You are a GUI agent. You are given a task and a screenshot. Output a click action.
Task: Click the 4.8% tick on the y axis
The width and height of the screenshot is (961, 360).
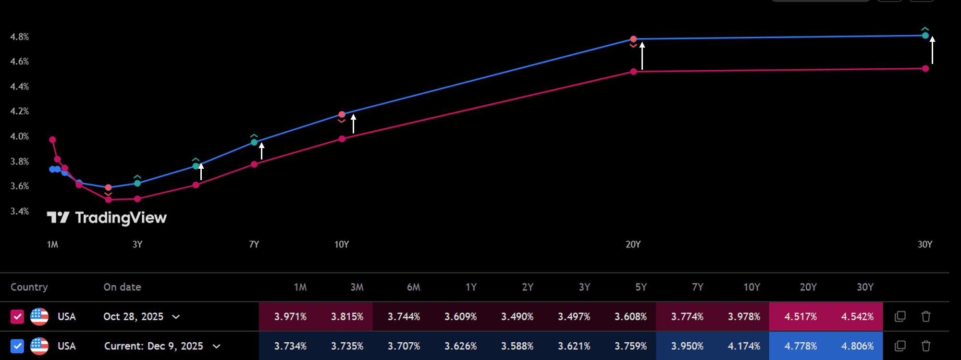(x=19, y=37)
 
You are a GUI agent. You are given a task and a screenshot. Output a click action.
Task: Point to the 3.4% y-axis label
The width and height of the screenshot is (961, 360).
(x=19, y=211)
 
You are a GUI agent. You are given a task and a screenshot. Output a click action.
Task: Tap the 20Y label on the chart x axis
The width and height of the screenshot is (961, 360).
(x=633, y=244)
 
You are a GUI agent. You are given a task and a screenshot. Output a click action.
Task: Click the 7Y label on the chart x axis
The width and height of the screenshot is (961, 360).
(x=254, y=244)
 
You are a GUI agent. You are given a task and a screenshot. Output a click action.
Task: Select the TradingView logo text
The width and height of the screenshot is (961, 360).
(x=121, y=218)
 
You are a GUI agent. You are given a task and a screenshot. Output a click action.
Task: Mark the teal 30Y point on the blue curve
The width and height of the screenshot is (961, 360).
(x=925, y=36)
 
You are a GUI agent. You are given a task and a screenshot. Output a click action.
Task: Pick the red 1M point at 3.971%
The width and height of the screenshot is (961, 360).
(x=52, y=140)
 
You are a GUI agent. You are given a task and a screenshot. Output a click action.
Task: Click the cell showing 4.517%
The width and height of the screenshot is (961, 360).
(x=801, y=317)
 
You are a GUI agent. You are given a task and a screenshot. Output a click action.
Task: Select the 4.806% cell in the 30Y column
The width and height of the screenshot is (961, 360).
(x=857, y=346)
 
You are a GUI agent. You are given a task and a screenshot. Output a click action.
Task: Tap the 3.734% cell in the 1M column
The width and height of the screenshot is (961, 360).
(x=290, y=346)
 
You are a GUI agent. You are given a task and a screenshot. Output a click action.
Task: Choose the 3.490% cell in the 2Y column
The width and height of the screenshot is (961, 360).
(x=517, y=317)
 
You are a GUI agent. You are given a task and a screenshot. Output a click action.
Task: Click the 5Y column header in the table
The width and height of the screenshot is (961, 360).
(x=641, y=287)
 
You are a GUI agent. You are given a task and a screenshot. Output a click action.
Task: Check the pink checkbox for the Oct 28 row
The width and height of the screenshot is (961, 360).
(x=17, y=317)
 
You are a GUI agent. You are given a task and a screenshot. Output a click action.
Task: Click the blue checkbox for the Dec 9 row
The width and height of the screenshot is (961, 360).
(x=17, y=346)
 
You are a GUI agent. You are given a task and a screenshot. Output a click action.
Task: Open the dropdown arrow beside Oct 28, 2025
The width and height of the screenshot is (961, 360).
(x=176, y=317)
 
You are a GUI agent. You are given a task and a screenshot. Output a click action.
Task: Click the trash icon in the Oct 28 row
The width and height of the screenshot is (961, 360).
(x=925, y=317)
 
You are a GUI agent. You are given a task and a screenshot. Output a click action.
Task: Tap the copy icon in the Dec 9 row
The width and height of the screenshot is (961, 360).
(x=900, y=346)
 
